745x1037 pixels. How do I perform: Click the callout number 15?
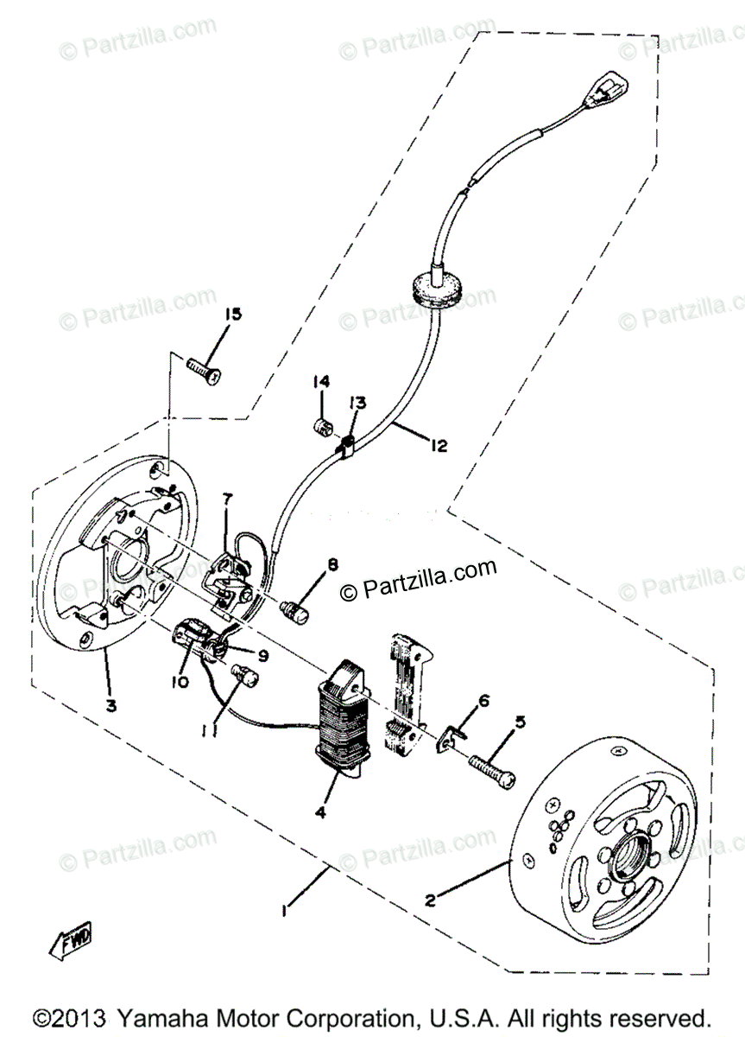click(x=234, y=313)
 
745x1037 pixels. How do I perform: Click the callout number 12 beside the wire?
click(x=438, y=445)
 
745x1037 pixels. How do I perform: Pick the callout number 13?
click(x=357, y=403)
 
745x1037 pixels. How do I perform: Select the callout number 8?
click(x=332, y=566)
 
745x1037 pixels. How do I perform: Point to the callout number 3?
click(x=110, y=705)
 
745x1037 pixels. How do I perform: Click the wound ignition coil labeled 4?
click(x=344, y=713)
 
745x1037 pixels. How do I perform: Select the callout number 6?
click(x=484, y=700)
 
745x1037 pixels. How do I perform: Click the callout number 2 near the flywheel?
click(x=429, y=900)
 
